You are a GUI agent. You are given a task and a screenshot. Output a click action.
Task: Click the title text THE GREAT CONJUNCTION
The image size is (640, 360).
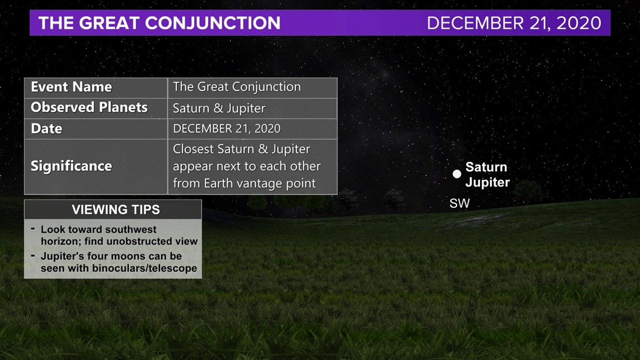click(159, 23)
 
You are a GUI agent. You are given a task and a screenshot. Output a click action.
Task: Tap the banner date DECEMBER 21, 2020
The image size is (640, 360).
click(514, 23)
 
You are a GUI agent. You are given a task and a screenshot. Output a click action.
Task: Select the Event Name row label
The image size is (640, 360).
click(71, 87)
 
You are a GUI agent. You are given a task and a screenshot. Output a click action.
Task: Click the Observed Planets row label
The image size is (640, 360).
click(89, 107)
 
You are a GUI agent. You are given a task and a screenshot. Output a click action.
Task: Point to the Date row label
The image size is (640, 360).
click(47, 129)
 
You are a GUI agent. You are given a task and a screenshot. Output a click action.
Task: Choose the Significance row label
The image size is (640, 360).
click(71, 166)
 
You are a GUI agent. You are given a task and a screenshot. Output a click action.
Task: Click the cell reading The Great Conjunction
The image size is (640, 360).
click(237, 87)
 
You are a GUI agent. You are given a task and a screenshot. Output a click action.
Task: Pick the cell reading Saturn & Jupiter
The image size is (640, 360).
click(219, 108)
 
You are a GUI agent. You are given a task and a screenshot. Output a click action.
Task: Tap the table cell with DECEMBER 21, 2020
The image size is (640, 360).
click(227, 129)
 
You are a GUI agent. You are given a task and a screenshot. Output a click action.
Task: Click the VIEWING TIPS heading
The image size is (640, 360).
click(116, 210)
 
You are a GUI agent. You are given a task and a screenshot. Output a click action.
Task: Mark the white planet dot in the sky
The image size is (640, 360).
click(457, 174)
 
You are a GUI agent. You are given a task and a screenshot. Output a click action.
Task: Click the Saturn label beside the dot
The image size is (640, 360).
click(486, 167)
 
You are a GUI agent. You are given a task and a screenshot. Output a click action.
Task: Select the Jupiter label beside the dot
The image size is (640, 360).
click(488, 182)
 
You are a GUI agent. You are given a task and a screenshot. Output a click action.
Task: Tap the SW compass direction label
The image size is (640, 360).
click(460, 203)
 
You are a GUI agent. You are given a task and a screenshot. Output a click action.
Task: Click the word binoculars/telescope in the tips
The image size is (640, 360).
click(144, 268)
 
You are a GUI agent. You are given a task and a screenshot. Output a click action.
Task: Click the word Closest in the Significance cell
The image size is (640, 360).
click(194, 149)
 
